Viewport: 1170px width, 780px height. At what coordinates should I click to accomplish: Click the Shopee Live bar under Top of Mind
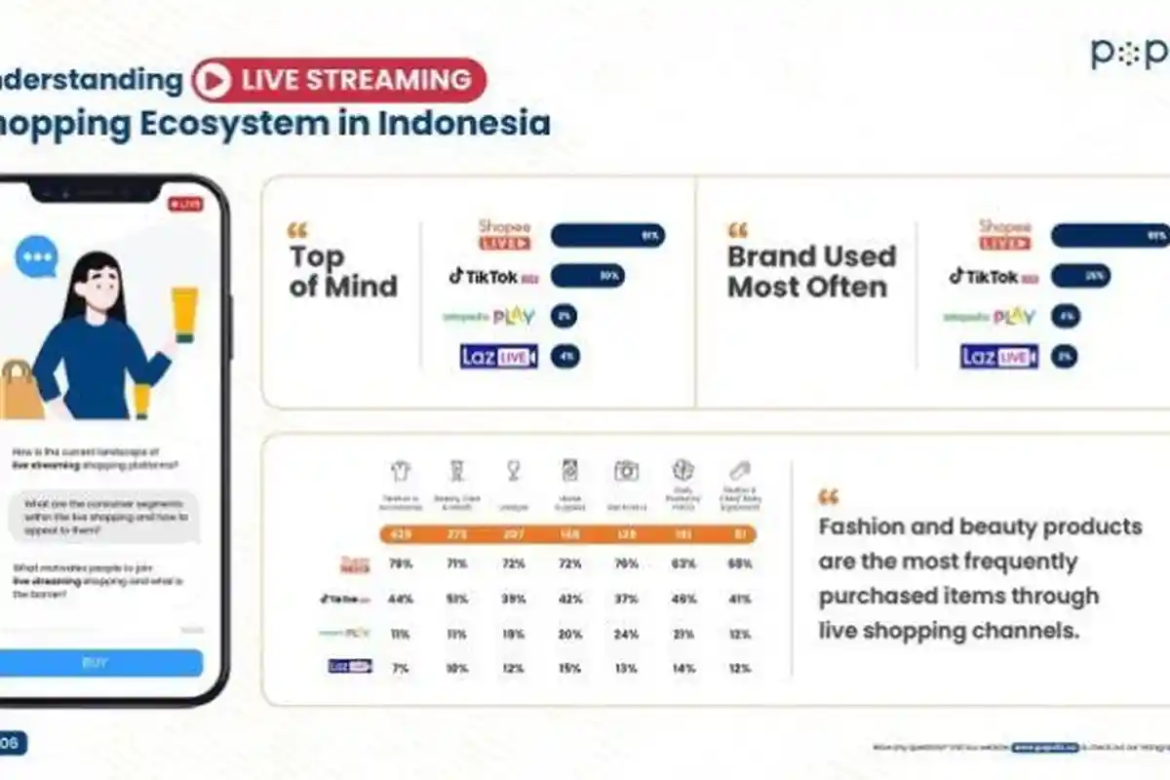[607, 236]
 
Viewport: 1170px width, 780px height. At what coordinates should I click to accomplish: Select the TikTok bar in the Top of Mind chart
[587, 276]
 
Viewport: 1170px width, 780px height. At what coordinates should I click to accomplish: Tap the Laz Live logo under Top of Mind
[498, 357]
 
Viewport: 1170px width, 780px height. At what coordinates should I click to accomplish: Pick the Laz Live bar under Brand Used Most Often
[1064, 357]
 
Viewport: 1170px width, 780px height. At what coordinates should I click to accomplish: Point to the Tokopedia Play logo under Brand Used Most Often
[989, 317]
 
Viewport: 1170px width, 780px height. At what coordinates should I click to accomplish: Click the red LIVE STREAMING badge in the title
[338, 80]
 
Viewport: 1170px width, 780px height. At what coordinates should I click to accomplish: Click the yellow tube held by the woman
[184, 314]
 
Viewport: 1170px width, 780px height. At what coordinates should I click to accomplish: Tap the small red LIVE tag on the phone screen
[184, 205]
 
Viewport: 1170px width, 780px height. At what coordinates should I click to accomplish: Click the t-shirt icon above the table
[400, 471]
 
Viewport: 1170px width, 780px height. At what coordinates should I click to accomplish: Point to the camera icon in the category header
[626, 471]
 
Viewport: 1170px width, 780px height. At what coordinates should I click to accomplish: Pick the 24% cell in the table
[626, 634]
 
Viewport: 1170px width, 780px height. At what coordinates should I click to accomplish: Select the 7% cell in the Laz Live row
[400, 668]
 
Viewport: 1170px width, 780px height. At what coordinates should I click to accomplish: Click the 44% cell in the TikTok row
[400, 599]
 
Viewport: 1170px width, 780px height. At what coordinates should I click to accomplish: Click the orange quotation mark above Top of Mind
[297, 231]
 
